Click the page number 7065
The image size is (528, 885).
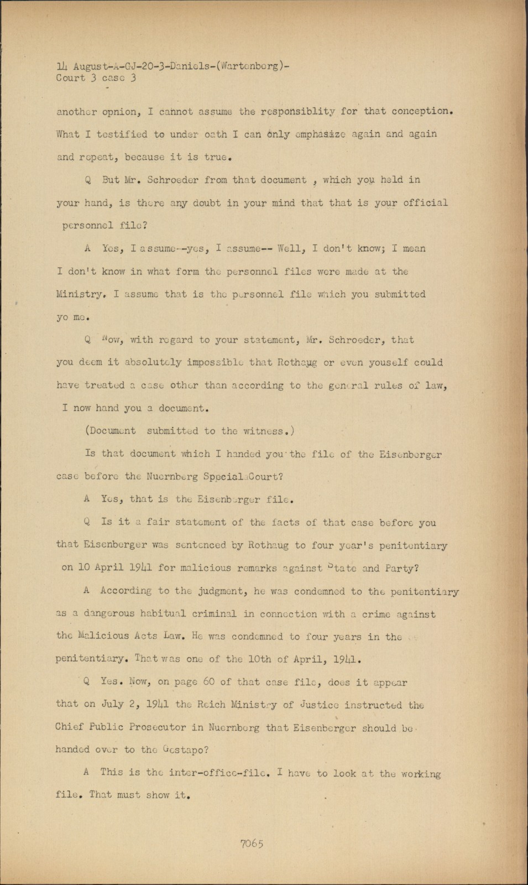(252, 844)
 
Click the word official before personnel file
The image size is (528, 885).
(425, 202)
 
